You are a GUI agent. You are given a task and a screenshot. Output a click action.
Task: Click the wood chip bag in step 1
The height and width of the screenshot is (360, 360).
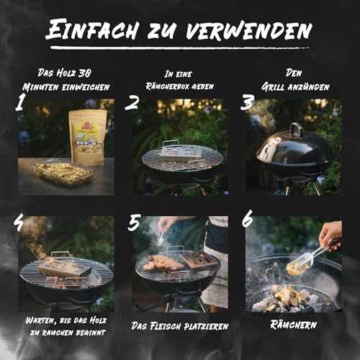pos(86,137)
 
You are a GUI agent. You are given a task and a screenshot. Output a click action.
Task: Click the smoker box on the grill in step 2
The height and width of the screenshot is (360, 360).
pos(176,151)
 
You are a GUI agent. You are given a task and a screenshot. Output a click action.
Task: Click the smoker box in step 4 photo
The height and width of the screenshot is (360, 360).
pos(65,268)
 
